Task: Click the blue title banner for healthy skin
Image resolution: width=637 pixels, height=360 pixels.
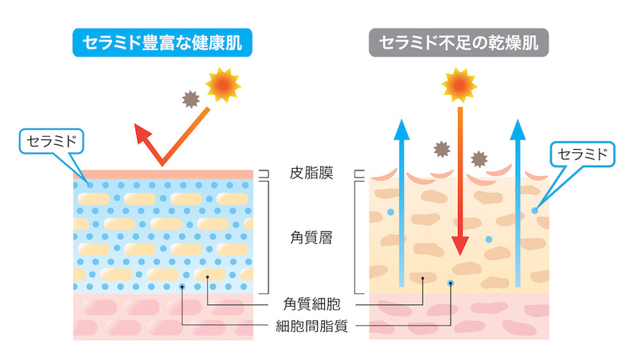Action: (x=162, y=42)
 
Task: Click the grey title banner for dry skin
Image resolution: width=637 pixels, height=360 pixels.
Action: (x=459, y=42)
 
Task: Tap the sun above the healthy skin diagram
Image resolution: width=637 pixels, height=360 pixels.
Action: (x=223, y=85)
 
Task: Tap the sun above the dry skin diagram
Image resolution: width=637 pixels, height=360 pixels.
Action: (x=459, y=85)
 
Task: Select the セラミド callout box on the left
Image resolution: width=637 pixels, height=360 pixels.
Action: (x=52, y=142)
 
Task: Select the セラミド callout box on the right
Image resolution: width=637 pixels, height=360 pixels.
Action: (x=583, y=154)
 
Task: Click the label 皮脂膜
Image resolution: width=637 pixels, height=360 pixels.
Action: (x=311, y=173)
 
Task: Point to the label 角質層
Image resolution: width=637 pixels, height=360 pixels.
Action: (x=311, y=237)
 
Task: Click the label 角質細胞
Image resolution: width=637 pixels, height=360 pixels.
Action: (x=311, y=304)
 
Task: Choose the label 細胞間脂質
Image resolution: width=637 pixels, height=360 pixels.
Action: (x=311, y=326)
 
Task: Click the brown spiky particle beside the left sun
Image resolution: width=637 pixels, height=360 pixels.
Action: (x=190, y=99)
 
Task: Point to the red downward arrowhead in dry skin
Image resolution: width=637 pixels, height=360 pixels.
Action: (x=460, y=246)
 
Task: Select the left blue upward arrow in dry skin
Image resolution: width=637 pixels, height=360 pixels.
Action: (x=402, y=203)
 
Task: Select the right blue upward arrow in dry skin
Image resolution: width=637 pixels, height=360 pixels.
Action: (x=518, y=203)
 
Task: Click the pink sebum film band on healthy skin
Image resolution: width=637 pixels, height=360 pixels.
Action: (x=163, y=174)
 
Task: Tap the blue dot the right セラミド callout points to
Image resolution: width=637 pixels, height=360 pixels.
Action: (x=534, y=210)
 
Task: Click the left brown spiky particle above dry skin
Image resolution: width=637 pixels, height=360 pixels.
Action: (x=442, y=149)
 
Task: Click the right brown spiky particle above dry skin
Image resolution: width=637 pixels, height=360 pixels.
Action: (x=479, y=158)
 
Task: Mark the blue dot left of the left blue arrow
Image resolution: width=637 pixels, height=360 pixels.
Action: (x=390, y=212)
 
